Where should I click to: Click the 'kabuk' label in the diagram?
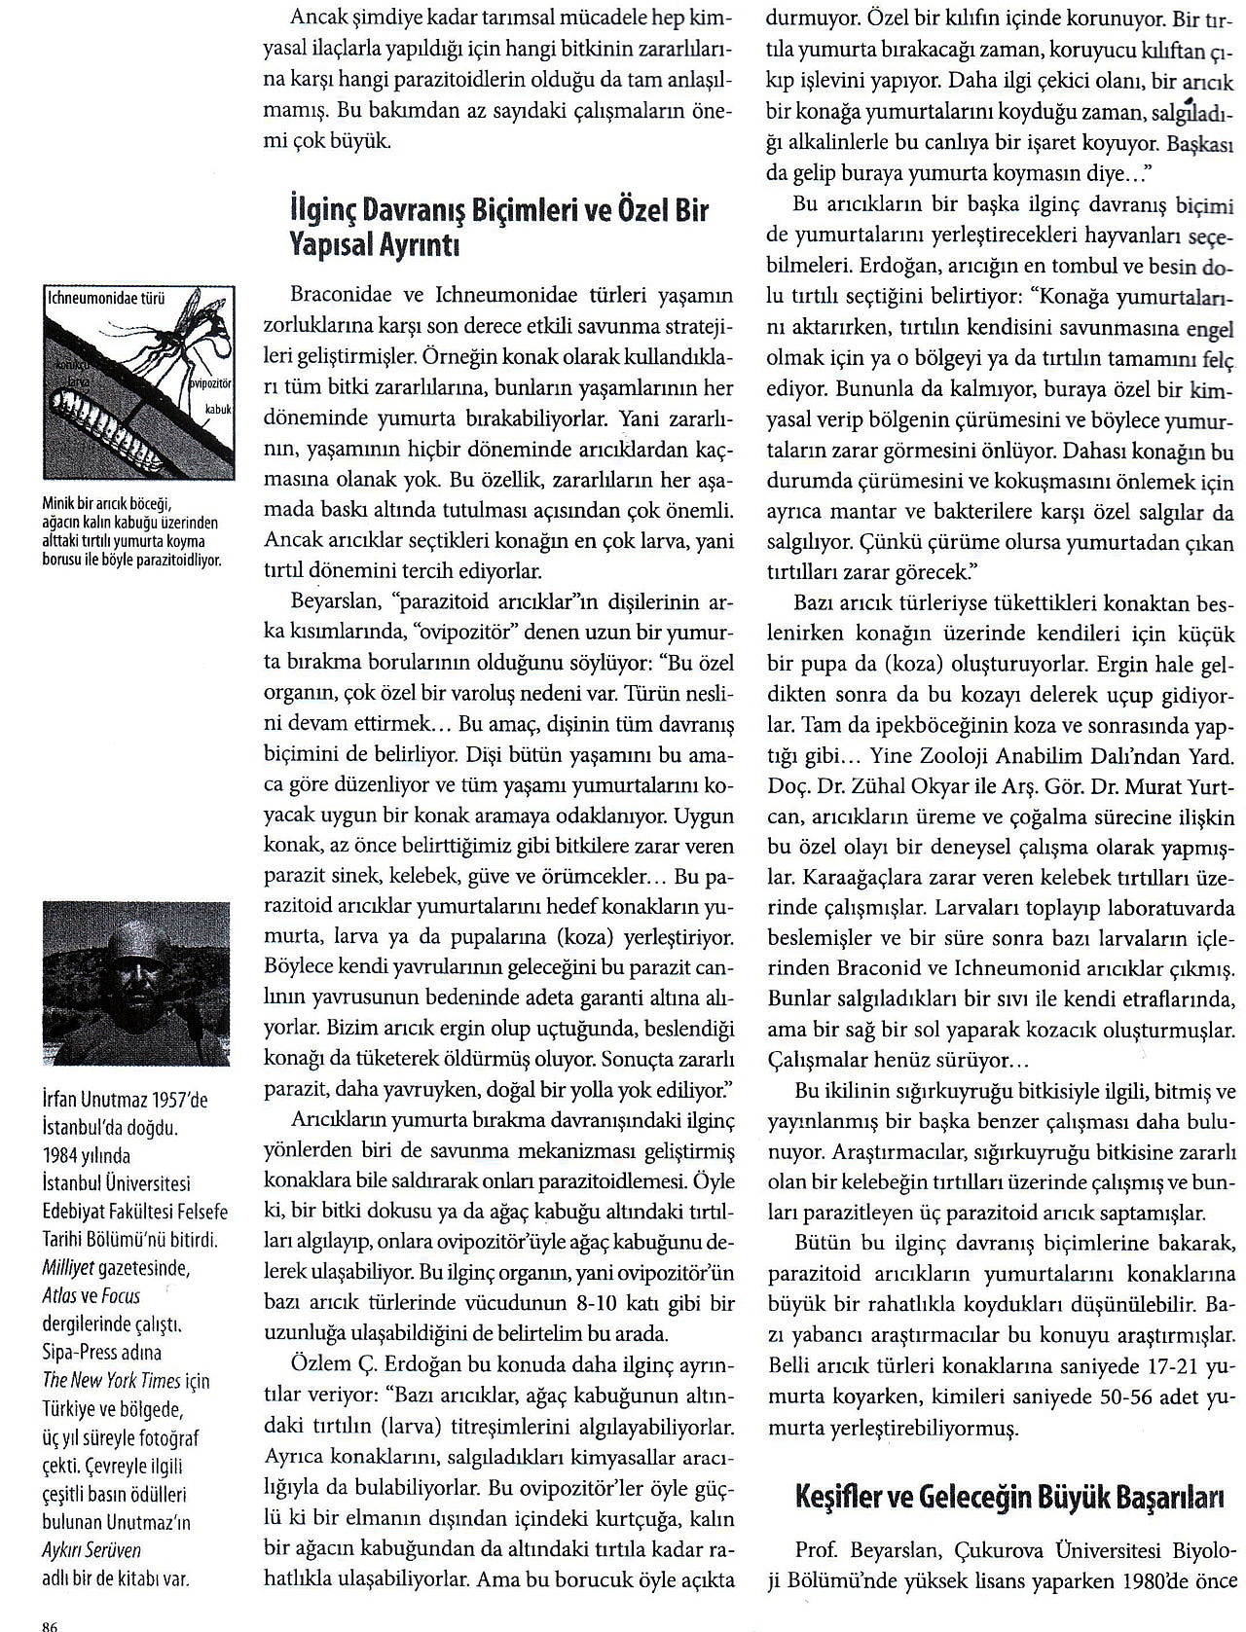217,410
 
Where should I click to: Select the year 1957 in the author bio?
159,1101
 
